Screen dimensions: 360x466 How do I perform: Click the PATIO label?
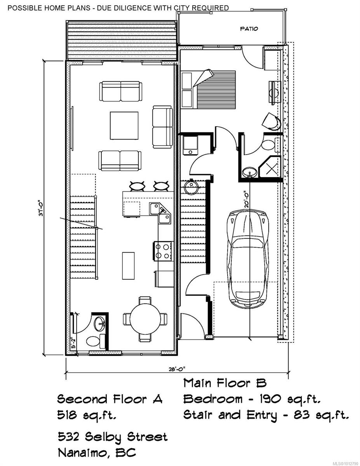[249, 28]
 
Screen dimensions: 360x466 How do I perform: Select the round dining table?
[145, 319]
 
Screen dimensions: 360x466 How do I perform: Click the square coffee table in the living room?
[124, 126]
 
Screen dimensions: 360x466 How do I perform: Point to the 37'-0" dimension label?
[41, 208]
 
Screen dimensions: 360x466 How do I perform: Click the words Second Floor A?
[110, 399]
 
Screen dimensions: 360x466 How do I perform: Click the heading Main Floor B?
[225, 383]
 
